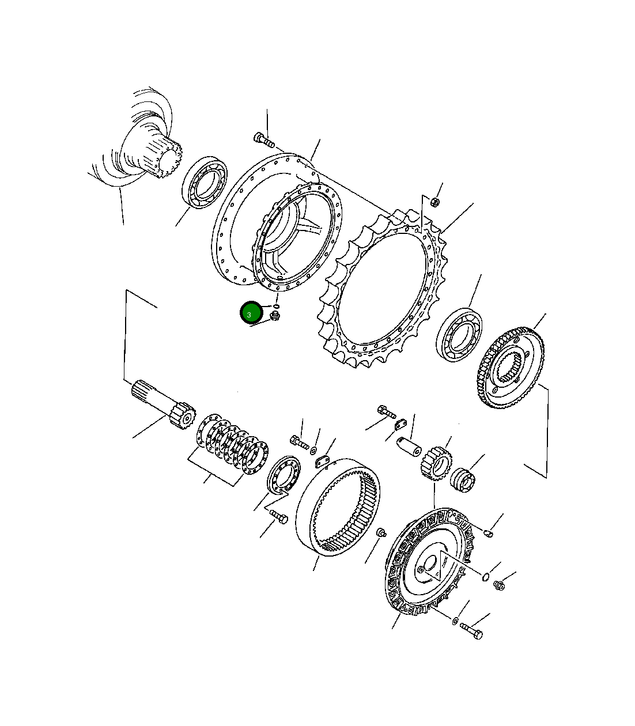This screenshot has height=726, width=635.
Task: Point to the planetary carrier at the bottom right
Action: point(430,562)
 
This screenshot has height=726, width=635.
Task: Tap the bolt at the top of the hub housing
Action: point(264,139)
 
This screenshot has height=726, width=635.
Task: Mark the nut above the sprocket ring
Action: point(436,202)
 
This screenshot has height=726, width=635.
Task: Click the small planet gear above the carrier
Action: point(437,461)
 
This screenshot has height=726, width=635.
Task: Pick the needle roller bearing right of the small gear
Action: point(464,480)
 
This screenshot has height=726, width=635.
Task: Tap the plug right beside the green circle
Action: point(275,315)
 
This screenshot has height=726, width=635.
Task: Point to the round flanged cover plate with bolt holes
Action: point(284,474)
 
